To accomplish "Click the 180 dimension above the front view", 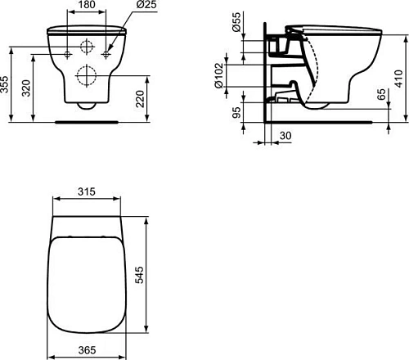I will pos(88,7).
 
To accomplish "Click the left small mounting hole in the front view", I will pos(67,53).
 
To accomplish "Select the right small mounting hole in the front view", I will pos(107,53).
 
